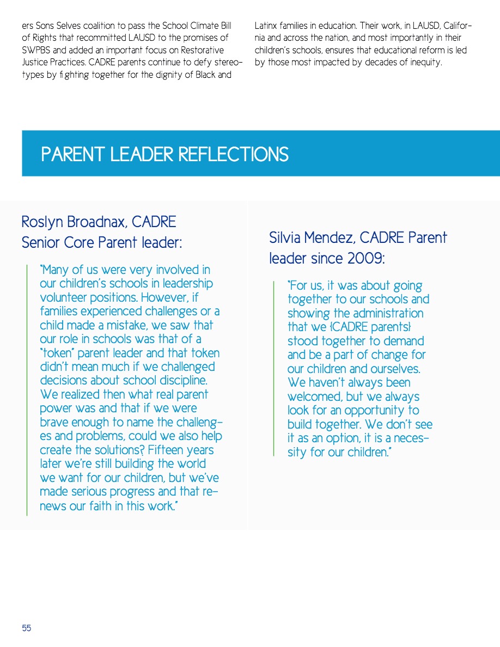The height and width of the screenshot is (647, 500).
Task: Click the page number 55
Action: (x=27, y=628)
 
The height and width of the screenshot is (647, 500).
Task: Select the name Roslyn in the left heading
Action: (x=42, y=222)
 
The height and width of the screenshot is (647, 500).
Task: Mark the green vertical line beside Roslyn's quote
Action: (x=27, y=389)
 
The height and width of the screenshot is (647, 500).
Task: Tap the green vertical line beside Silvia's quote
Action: (x=275, y=368)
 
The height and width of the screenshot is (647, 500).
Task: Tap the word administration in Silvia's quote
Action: (x=388, y=314)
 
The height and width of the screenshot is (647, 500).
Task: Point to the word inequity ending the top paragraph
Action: (x=425, y=62)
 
